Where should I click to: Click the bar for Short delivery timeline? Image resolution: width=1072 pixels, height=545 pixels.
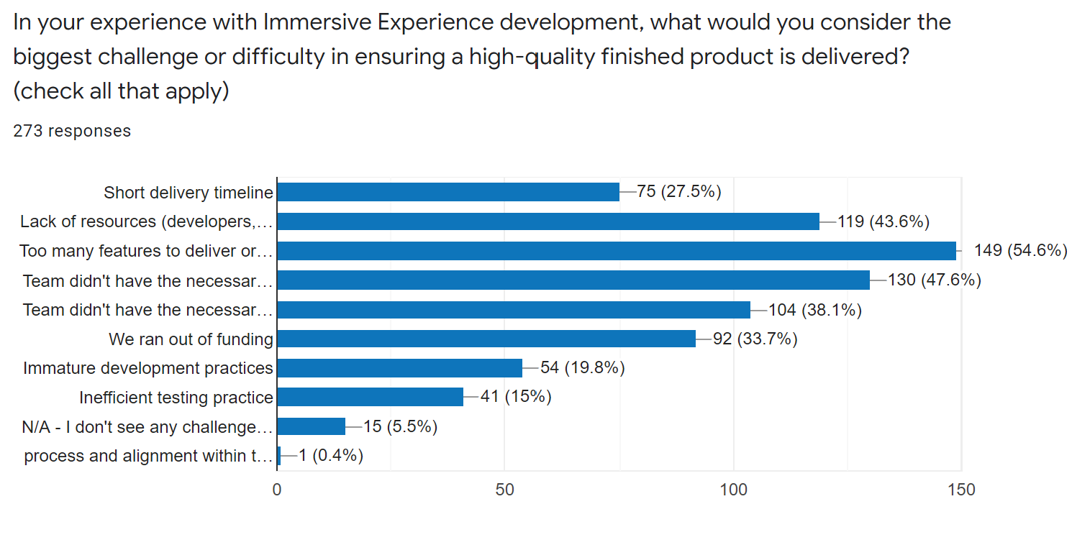448,192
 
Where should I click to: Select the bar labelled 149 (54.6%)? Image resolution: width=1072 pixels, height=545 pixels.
616,251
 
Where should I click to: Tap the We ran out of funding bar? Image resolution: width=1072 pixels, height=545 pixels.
486,339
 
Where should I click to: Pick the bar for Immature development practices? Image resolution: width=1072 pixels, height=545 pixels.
399,368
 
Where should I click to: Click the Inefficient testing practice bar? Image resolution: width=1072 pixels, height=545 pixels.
370,397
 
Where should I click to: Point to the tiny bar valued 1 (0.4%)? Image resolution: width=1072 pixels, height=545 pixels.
278,456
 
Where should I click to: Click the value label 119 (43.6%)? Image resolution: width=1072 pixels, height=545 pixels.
884,221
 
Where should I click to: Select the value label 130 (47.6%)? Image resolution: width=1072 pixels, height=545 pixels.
935,280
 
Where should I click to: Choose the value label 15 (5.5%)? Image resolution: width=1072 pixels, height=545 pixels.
400,426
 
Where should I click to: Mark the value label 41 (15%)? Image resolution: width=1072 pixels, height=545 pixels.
515,397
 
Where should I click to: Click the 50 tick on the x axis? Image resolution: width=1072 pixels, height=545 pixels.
505,490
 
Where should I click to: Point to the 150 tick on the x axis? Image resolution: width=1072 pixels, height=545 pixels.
962,490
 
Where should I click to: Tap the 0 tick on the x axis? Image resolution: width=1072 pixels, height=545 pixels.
277,490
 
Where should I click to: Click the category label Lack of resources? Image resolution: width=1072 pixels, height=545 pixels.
147,221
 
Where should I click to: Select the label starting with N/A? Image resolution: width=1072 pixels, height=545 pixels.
148,427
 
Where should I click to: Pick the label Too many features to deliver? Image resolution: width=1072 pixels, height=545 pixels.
147,251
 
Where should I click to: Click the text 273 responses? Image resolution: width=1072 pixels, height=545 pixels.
72,131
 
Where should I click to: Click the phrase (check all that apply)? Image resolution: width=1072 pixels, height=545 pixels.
121,92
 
